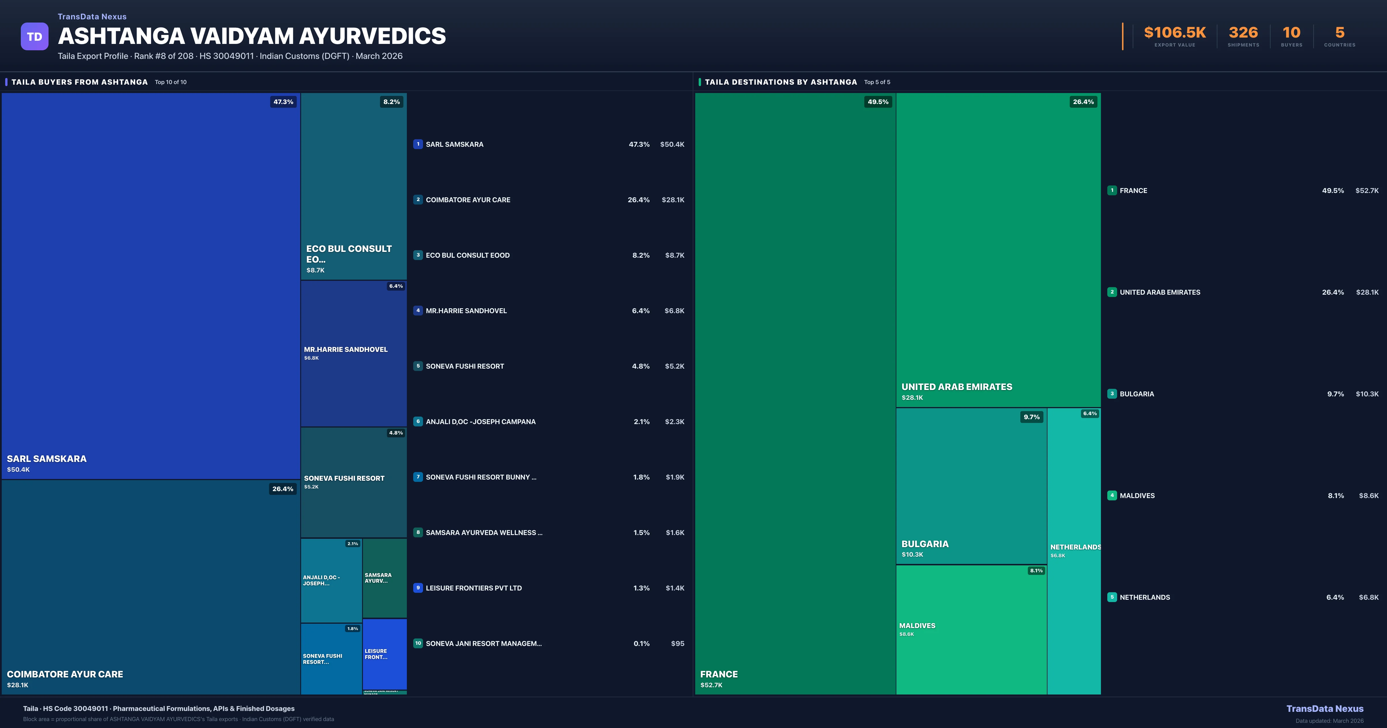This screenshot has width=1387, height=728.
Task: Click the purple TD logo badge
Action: point(34,37)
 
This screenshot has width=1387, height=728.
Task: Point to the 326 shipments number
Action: point(1243,33)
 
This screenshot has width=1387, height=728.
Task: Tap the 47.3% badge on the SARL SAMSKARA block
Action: point(283,102)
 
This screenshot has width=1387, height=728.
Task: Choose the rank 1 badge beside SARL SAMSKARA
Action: point(418,144)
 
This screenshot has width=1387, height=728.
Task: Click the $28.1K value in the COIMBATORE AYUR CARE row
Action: point(672,200)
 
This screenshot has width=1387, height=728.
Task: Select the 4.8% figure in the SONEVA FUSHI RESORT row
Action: point(640,366)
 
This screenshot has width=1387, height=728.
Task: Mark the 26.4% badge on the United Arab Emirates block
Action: point(1083,102)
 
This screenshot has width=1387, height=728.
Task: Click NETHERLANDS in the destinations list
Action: point(1145,597)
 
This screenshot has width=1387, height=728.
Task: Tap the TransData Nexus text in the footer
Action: point(1325,709)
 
